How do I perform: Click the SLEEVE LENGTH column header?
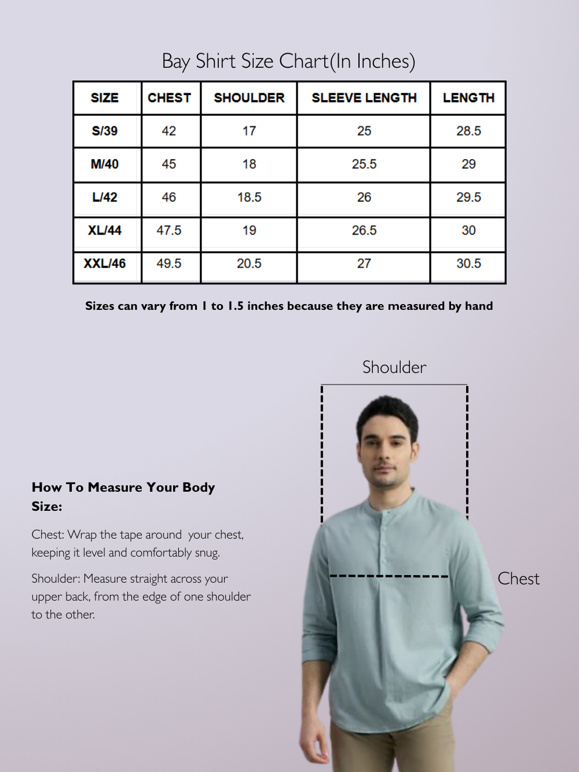click(364, 98)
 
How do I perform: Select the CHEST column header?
click(169, 98)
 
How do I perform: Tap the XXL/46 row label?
click(105, 264)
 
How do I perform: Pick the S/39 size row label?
click(105, 131)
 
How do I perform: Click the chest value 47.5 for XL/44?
click(169, 230)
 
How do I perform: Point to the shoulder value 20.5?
click(249, 264)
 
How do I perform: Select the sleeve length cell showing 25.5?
click(364, 164)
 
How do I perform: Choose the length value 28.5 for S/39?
click(468, 131)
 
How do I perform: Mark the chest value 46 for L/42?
click(169, 197)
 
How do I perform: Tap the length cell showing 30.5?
click(468, 264)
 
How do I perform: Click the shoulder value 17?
click(249, 131)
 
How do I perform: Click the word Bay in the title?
click(175, 61)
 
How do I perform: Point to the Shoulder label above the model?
click(394, 367)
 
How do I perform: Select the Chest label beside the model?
click(518, 579)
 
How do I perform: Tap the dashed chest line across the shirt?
click(389, 576)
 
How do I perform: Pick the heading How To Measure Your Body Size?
click(123, 496)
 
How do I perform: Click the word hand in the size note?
click(479, 306)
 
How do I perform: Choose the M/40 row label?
click(105, 164)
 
